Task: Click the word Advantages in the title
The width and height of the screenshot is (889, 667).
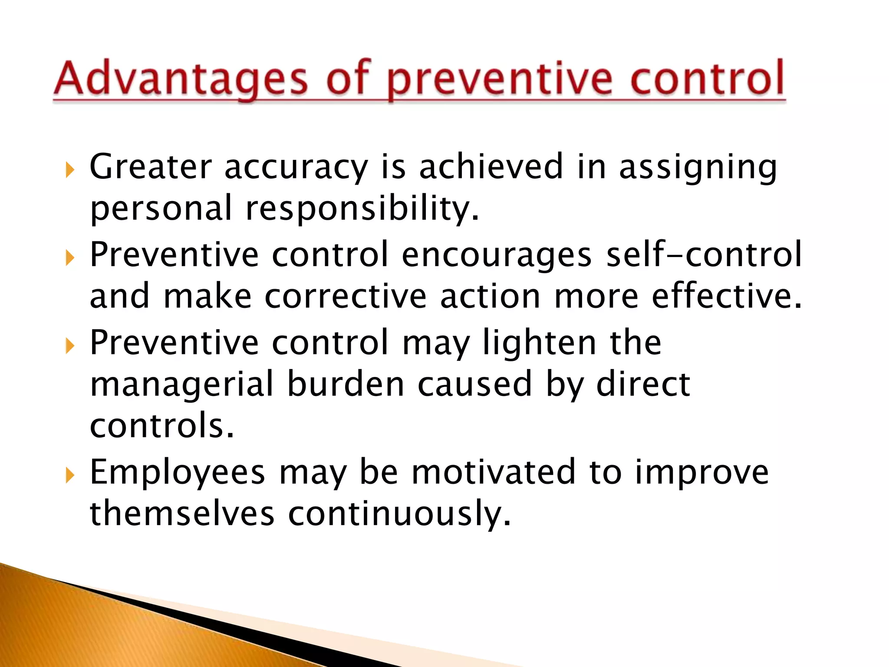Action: [180, 79]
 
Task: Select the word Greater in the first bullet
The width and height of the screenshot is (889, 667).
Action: [150, 167]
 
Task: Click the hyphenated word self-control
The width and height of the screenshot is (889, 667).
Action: [704, 254]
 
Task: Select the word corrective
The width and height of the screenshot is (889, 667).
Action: [346, 297]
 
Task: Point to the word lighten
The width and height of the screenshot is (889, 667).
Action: [540, 343]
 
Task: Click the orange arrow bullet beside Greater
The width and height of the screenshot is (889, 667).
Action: [69, 170]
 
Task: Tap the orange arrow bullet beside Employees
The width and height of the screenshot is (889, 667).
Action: [69, 476]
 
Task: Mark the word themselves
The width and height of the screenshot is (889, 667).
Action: [182, 513]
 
